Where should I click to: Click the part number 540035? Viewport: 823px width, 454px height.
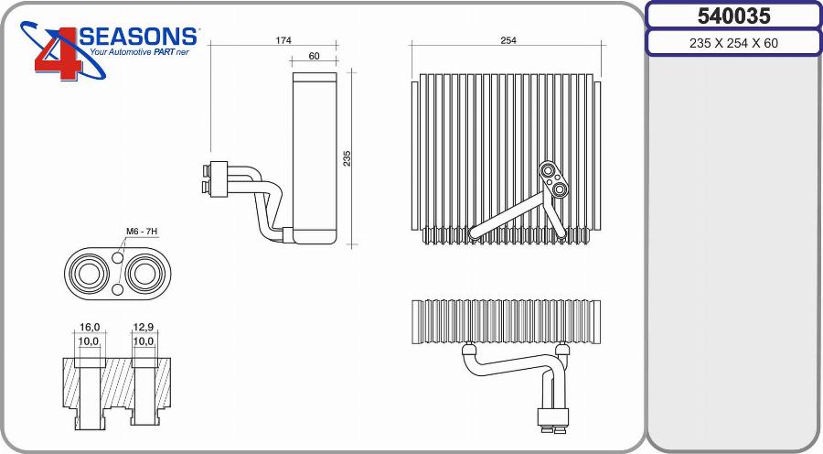(733, 16)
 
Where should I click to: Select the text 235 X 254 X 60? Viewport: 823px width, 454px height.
(733, 43)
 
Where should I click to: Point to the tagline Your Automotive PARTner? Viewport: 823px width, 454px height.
(139, 53)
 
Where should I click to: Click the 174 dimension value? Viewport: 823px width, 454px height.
(283, 40)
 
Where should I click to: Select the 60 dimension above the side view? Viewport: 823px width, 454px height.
(314, 57)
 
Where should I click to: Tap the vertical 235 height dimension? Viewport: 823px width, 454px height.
(347, 158)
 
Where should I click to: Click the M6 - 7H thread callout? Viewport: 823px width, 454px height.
(140, 232)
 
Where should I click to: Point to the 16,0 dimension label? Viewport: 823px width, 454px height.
(89, 327)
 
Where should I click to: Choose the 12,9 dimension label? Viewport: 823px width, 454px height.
(144, 327)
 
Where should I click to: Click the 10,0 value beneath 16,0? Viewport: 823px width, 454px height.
(89, 341)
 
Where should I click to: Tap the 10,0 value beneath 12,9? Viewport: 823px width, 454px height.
(144, 341)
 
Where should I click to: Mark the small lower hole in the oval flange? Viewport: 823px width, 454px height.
(118, 290)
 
